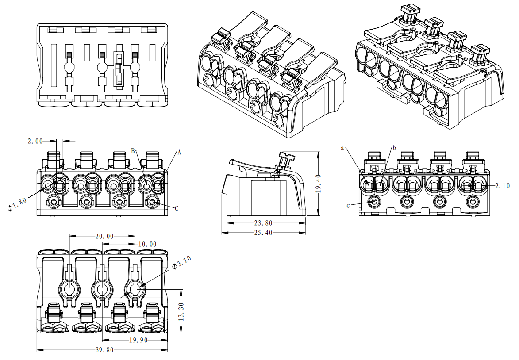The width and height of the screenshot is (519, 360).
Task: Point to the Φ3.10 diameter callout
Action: coord(181,265)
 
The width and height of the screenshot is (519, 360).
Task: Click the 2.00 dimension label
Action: coord(35,141)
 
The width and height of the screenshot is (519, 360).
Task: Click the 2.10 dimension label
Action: coord(502,186)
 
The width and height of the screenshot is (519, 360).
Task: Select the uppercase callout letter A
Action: coord(179,153)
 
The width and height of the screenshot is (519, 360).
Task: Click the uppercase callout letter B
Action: coord(133,151)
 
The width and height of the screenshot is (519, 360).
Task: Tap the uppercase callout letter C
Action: coord(177,208)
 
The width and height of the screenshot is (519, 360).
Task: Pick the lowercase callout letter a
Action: coord(342,148)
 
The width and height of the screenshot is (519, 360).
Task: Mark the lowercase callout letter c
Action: coord(349,206)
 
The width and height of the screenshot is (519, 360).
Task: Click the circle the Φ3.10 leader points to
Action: coord(135,290)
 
